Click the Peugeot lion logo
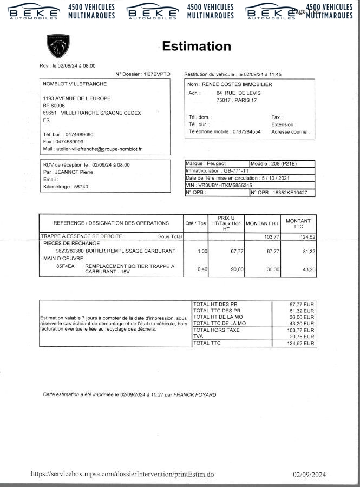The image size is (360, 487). pos(58,46)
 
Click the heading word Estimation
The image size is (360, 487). pos(197,46)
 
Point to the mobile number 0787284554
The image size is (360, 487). pos(246,131)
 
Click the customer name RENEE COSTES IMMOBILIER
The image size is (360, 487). pos(237,84)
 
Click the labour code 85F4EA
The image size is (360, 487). pos(66,266)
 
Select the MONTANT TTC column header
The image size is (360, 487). pos(298,223)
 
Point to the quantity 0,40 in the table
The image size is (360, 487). pos(202,269)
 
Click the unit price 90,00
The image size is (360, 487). pos(237,269)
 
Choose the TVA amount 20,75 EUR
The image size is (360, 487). pos(303,337)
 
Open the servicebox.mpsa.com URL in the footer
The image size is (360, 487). pos(123,474)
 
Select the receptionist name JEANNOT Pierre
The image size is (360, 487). pos(73,172)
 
